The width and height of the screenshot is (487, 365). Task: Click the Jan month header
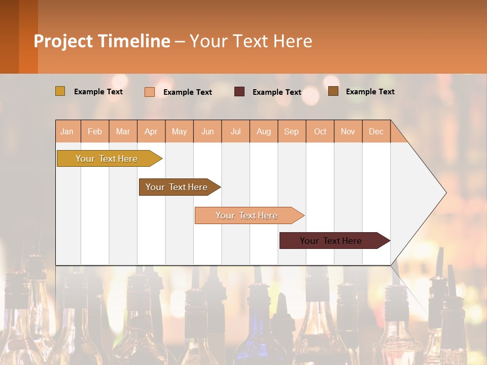[x=67, y=131]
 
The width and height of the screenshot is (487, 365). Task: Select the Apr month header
[x=151, y=131]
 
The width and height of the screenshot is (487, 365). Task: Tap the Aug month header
[x=264, y=131]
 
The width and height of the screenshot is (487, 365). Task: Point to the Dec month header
[x=376, y=131]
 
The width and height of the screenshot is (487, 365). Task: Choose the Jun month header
[x=207, y=131]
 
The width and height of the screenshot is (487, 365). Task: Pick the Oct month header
[x=320, y=131]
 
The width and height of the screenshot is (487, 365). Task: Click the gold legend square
[x=60, y=91]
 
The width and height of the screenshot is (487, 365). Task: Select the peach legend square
[x=150, y=92]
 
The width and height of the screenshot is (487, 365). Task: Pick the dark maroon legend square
[x=239, y=92]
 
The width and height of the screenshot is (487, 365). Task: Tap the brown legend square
[x=333, y=91]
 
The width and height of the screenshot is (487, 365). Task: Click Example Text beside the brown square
[x=370, y=92]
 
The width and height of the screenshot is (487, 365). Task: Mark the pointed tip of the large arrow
[x=445, y=193]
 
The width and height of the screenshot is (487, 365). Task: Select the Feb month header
[x=95, y=131]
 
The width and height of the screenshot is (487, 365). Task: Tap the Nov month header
[x=348, y=131]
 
